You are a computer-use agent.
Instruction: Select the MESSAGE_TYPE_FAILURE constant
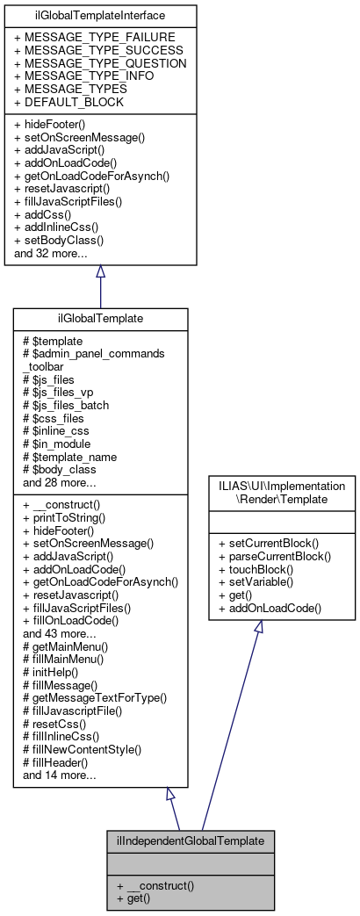(100, 38)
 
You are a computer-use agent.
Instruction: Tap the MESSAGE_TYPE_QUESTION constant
(100, 63)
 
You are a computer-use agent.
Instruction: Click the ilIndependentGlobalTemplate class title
(191, 840)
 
